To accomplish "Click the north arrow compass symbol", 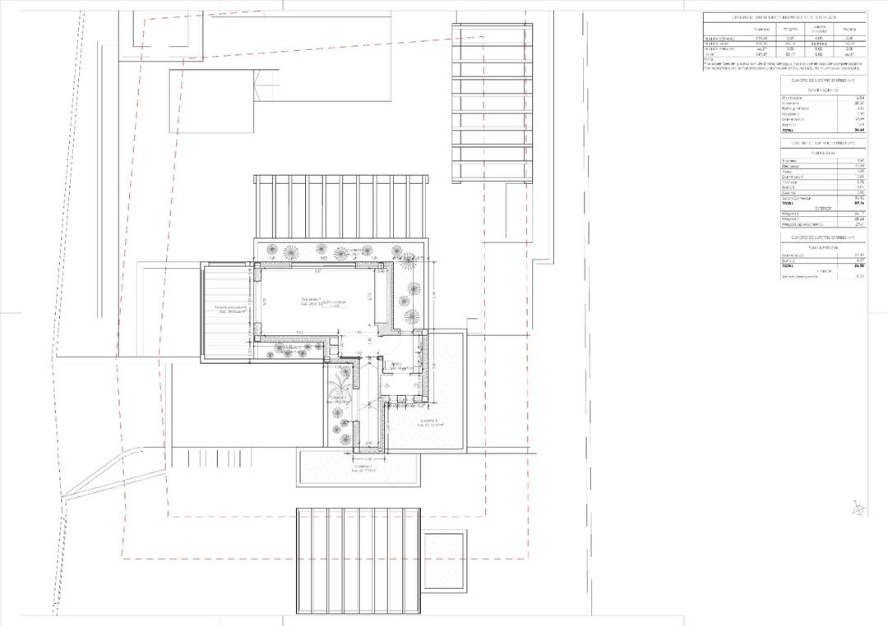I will coord(858,509).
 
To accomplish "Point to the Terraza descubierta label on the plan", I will coord(231,309).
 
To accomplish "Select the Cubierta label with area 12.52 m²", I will coord(430,422).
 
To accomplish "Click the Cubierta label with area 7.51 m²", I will coord(363,469).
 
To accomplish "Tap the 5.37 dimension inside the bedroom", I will coord(317,270).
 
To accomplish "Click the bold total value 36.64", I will coord(858,130).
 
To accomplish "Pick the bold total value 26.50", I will coord(858,266).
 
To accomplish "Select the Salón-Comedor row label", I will coord(796,196).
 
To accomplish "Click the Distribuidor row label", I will coord(793,97).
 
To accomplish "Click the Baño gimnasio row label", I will coord(795,108).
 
